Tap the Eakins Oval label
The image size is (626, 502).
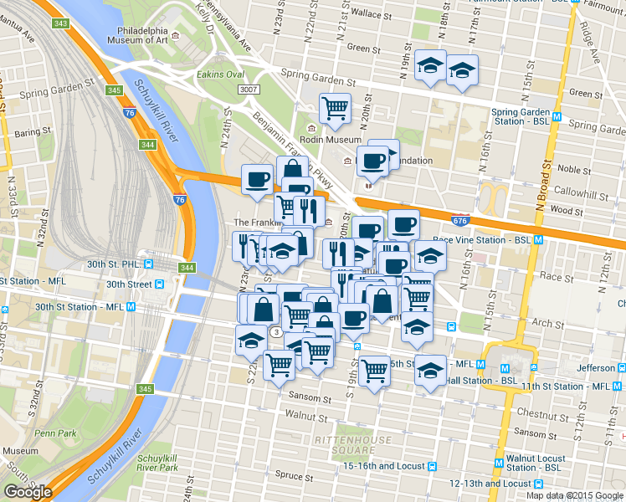(x=196, y=73)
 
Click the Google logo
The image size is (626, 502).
(x=28, y=492)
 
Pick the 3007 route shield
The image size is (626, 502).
(x=247, y=90)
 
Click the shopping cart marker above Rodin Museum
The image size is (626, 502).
(x=335, y=107)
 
